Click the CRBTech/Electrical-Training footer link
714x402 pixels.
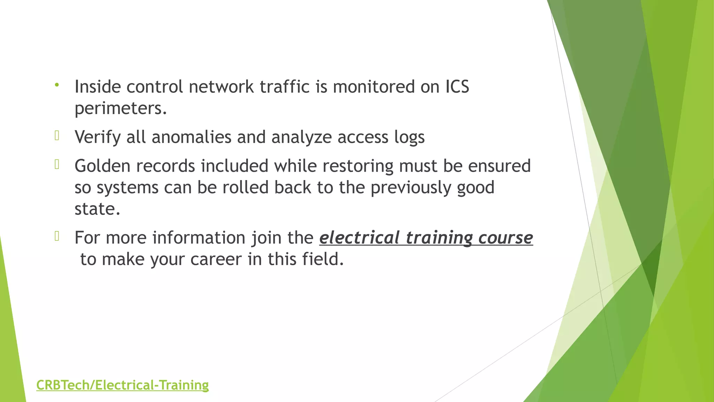point(122,385)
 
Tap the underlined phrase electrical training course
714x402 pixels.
point(426,238)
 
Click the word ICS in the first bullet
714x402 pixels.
point(457,87)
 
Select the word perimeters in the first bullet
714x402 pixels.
point(121,109)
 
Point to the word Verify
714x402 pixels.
point(98,137)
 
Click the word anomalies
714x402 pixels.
point(191,137)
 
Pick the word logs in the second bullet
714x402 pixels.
point(409,137)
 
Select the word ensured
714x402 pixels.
point(499,166)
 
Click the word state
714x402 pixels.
point(97,209)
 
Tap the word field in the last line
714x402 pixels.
point(323,259)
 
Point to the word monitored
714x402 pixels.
point(373,87)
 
